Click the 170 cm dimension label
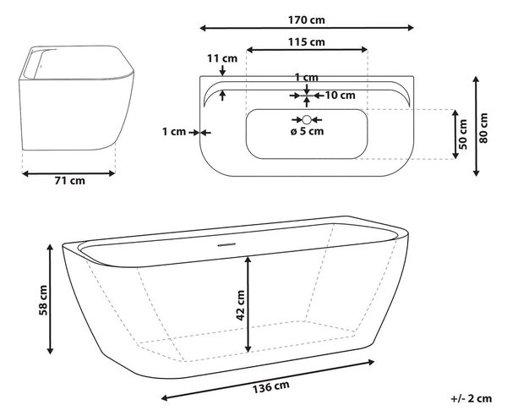[x=307, y=20]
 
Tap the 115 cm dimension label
[x=307, y=42]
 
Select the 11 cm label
[x=222, y=58]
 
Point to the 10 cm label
[x=340, y=96]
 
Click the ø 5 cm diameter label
[x=307, y=131]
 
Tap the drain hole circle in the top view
[x=307, y=120]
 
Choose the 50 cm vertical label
[x=463, y=134]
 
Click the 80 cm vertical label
[x=483, y=129]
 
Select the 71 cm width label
[x=69, y=180]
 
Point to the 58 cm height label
[x=43, y=300]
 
